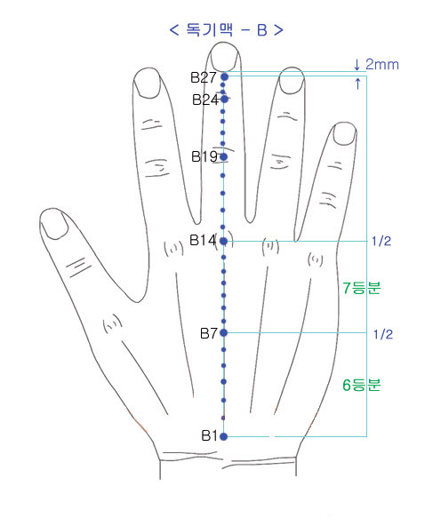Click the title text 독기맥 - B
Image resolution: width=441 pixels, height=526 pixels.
point(227,30)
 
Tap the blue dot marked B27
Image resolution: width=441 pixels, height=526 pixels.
point(225,77)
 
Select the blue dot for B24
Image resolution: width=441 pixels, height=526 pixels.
point(225,99)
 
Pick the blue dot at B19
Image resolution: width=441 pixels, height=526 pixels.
point(224,156)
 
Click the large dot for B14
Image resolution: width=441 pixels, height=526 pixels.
point(224,241)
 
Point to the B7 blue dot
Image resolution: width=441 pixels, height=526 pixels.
point(224,333)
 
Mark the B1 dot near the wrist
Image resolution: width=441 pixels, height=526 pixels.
point(224,436)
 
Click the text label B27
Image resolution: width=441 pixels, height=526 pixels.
point(204,77)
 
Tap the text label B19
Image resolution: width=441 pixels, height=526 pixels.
point(204,156)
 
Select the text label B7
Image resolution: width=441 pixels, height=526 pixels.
point(209,333)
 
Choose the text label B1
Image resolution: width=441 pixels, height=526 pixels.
point(210,435)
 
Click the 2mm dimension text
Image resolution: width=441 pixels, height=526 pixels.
point(382,64)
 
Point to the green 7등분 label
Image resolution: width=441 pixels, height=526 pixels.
point(362,288)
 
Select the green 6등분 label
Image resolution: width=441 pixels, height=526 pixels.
point(362,385)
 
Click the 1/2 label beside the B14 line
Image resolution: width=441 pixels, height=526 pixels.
point(381,241)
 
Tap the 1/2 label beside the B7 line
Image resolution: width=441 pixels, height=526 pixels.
point(383,334)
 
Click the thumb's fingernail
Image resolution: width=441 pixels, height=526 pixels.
point(53,224)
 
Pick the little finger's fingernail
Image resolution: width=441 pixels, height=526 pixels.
point(345,134)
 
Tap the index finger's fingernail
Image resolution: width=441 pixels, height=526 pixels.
point(147,84)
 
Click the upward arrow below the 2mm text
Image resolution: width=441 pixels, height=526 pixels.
point(357,84)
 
